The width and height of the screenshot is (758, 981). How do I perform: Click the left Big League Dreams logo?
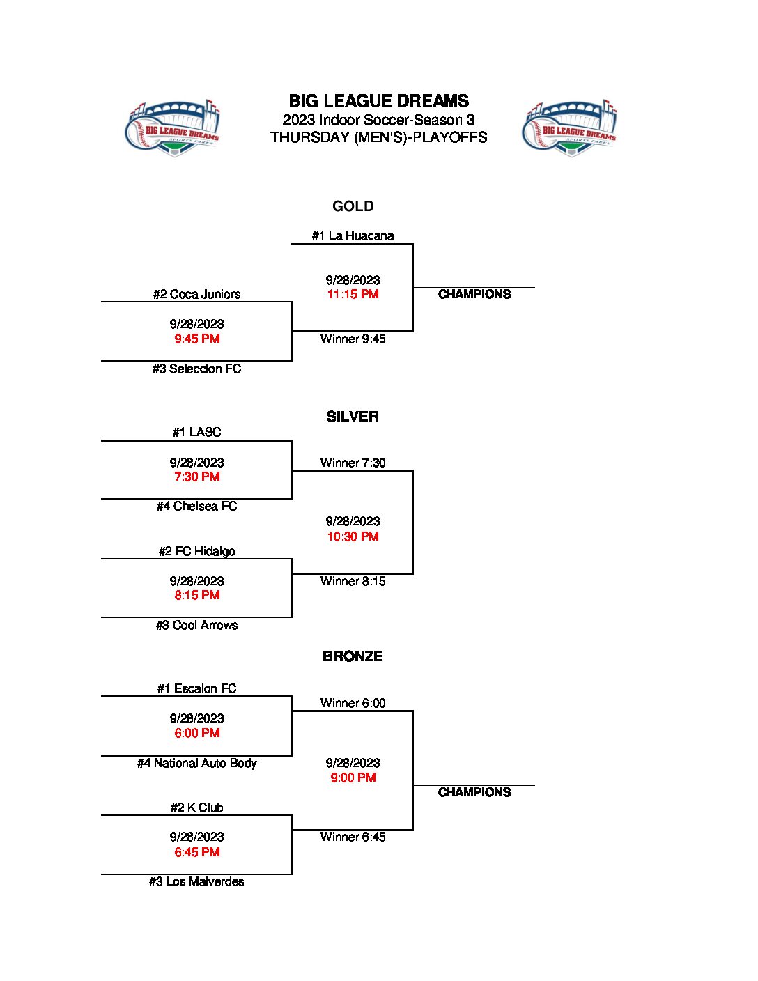click(173, 128)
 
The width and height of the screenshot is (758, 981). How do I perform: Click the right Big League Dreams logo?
click(570, 128)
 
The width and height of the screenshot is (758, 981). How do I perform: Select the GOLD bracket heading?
click(353, 206)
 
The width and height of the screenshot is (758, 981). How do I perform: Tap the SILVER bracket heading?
click(353, 417)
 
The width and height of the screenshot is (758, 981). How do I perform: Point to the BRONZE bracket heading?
click(353, 656)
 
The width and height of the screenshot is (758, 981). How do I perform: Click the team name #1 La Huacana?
click(353, 235)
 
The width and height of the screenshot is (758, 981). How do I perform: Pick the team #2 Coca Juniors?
click(196, 294)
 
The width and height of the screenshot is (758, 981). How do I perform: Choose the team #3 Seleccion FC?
click(196, 369)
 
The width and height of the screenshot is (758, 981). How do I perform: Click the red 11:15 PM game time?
click(353, 294)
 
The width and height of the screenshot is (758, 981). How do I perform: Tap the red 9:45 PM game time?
click(196, 339)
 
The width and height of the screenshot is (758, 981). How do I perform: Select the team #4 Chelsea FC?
click(196, 506)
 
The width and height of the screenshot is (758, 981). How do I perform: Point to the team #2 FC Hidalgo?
click(196, 551)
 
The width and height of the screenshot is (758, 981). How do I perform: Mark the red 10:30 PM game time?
click(353, 536)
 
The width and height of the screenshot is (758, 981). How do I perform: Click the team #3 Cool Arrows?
click(196, 625)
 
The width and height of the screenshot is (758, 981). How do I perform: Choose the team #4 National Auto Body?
click(196, 763)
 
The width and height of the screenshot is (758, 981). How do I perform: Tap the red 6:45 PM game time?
click(196, 852)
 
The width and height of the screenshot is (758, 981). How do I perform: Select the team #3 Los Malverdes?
click(196, 881)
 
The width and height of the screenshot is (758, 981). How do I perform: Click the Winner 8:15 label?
click(353, 581)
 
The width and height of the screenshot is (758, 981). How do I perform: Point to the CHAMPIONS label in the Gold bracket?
click(474, 294)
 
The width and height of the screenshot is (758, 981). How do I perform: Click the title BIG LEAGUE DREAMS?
click(378, 101)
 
